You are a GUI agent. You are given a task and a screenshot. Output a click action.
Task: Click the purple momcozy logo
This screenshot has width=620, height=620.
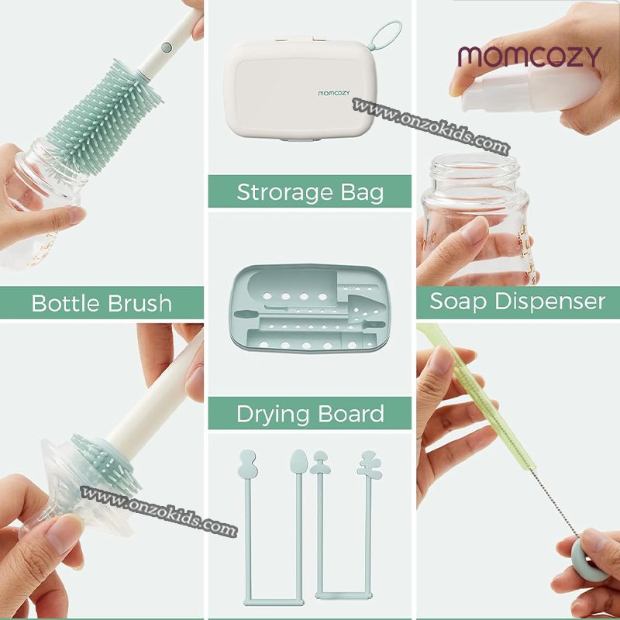(x=529, y=57)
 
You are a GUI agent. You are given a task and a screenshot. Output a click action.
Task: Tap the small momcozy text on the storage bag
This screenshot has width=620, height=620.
(x=334, y=93)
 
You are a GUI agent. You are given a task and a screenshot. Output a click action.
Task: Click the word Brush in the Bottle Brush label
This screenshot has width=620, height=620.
(x=139, y=303)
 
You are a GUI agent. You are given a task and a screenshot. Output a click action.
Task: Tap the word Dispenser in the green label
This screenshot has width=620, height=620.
(x=549, y=302)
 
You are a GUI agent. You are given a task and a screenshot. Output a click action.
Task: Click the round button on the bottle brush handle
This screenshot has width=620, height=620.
(x=167, y=47)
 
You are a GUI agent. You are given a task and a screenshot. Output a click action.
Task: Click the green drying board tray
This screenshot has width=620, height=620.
(x=309, y=308)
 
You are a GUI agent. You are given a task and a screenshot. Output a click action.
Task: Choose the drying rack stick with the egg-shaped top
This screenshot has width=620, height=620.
(x=298, y=526)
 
